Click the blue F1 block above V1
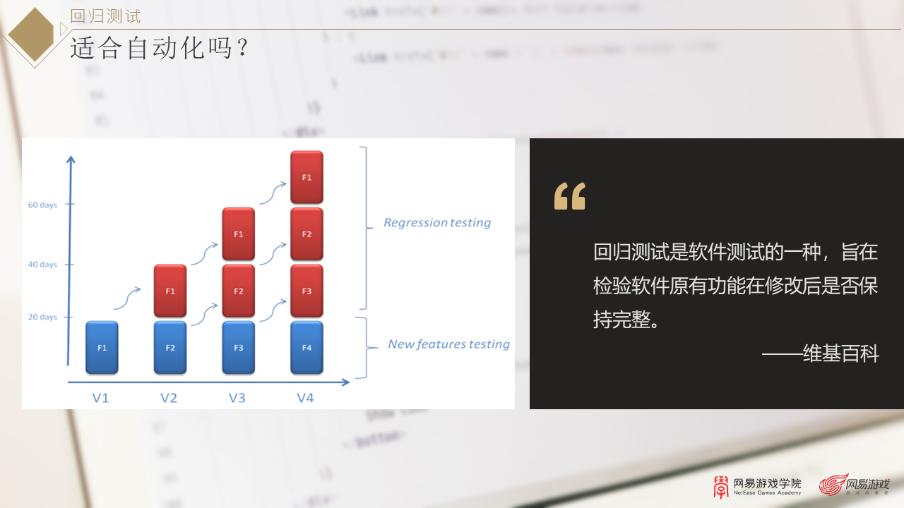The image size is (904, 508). click(x=102, y=347)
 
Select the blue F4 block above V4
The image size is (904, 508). click(x=307, y=347)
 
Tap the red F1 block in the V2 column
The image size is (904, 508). click(x=170, y=291)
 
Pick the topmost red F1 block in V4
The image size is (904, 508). click(x=307, y=177)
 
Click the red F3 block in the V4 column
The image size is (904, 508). click(x=307, y=291)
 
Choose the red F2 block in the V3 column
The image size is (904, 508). click(x=239, y=291)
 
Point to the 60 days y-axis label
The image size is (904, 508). click(x=42, y=205)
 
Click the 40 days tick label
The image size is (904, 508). click(x=42, y=265)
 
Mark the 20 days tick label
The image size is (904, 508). click(x=42, y=317)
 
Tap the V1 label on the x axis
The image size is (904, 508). click(x=101, y=398)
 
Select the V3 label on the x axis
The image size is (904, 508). click(x=237, y=398)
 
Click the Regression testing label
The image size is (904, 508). click(x=437, y=223)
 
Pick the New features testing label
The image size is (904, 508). click(x=448, y=344)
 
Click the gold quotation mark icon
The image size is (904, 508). click(x=570, y=196)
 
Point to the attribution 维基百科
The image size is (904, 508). click(x=841, y=353)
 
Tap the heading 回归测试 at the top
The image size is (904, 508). click(x=106, y=16)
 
